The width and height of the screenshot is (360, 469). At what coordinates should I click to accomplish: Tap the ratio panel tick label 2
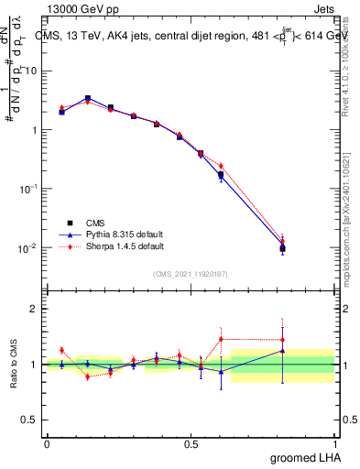(37, 309)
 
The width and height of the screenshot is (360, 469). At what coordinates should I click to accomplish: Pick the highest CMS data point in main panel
(87, 98)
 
